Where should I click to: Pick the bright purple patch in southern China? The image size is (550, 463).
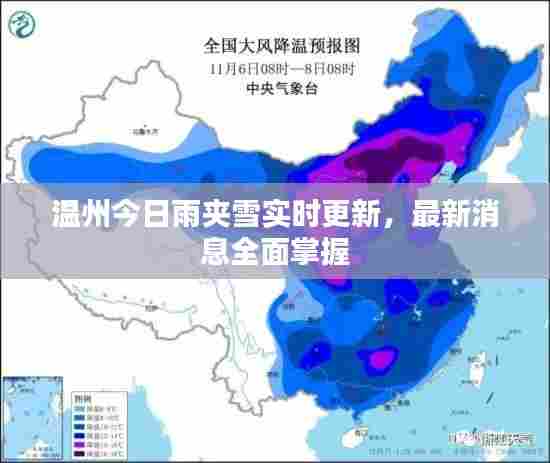pos(380,357)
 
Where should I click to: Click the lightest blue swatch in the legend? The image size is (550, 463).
pos(79,408)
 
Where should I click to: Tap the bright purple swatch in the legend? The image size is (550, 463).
pos(79,444)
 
